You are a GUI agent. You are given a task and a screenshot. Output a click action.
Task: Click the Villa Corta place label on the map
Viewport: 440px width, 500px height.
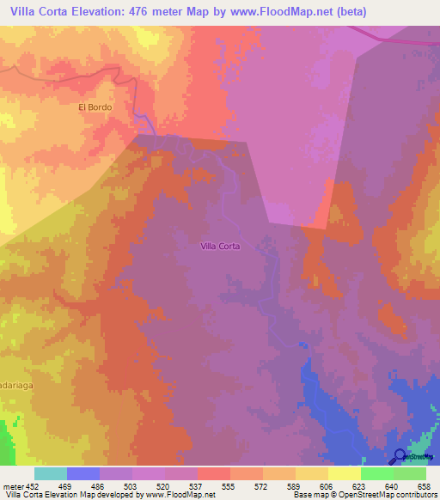[220, 246]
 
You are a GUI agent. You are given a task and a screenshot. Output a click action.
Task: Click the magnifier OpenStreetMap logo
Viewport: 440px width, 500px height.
[401, 456]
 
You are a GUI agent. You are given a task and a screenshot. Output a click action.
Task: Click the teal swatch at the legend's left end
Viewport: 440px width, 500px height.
[51, 473]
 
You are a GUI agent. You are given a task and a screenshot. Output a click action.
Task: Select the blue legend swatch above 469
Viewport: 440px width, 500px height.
[83, 473]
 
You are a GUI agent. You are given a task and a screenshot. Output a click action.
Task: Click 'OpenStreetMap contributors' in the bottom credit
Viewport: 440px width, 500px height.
[388, 495]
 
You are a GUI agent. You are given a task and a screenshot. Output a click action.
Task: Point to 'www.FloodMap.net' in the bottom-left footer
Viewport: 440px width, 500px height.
[180, 495]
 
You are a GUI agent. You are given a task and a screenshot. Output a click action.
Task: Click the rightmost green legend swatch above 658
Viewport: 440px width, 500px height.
[409, 473]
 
